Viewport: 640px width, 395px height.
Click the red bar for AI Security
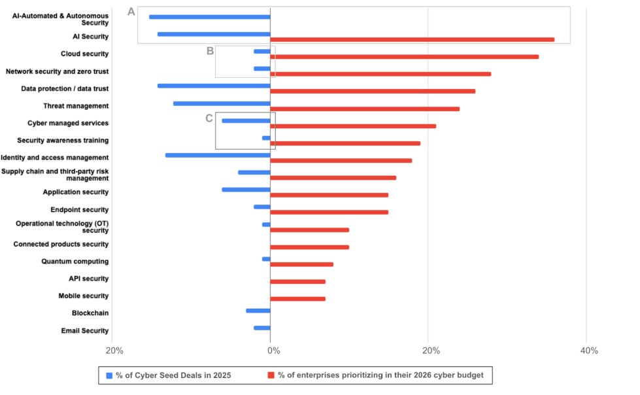pyautogui.click(x=412, y=40)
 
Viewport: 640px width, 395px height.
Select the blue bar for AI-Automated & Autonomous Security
pyautogui.click(x=209, y=17)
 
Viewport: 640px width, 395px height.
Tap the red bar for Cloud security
pyautogui.click(x=404, y=57)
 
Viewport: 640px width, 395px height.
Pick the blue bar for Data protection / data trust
pyautogui.click(x=214, y=86)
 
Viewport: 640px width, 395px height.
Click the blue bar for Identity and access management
pyautogui.click(x=218, y=155)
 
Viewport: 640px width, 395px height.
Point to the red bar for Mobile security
pyautogui.click(x=297, y=299)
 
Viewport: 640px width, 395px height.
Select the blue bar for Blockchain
pyautogui.click(x=258, y=311)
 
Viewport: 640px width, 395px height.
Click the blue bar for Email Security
pyautogui.click(x=262, y=328)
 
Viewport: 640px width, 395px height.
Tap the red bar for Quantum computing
pyautogui.click(x=301, y=264)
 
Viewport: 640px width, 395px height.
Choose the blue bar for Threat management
pyautogui.click(x=222, y=103)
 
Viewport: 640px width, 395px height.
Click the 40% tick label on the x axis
pyautogui.click(x=589, y=351)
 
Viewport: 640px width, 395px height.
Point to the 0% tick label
pyautogui.click(x=273, y=351)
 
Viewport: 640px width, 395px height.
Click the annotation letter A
pyautogui.click(x=131, y=12)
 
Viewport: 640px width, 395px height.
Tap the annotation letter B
pyautogui.click(x=210, y=51)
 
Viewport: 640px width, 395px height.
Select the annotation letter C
pyautogui.click(x=209, y=118)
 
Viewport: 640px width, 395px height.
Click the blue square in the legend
pyautogui.click(x=109, y=375)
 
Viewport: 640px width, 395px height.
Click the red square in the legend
pyautogui.click(x=271, y=375)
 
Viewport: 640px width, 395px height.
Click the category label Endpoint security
pyautogui.click(x=79, y=210)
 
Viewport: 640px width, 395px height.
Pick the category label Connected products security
pyautogui.click(x=61, y=245)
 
